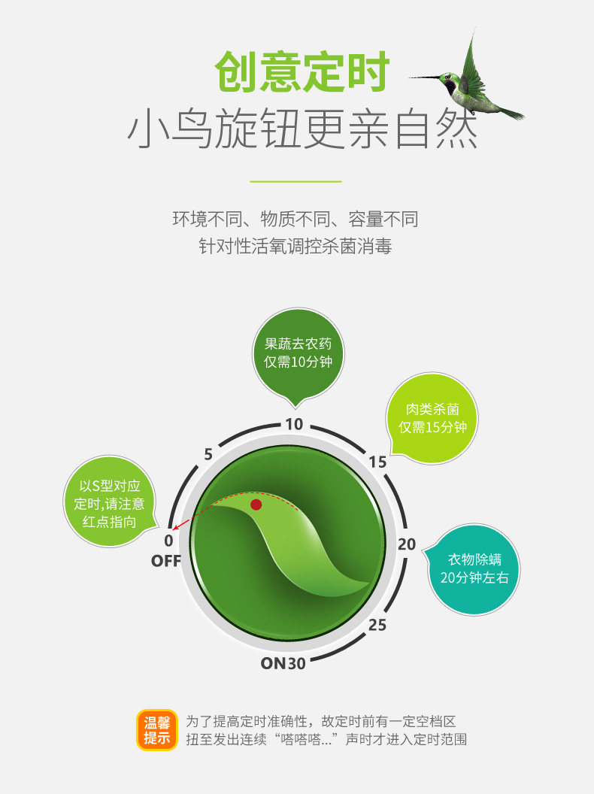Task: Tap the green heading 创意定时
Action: pyautogui.click(x=302, y=72)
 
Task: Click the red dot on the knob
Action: pyautogui.click(x=256, y=505)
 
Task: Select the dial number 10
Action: pyautogui.click(x=294, y=424)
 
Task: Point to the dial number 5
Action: pyautogui.click(x=208, y=454)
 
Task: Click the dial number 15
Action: pyautogui.click(x=378, y=462)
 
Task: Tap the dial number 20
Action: pyautogui.click(x=407, y=544)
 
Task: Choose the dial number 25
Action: pyautogui.click(x=377, y=625)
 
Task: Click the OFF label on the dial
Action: pyautogui.click(x=166, y=561)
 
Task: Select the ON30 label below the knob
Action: pyautogui.click(x=283, y=663)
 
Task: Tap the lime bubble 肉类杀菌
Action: pyautogui.click(x=432, y=418)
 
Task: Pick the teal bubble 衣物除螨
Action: pyautogui.click(x=474, y=568)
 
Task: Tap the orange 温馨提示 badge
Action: pyautogui.click(x=157, y=730)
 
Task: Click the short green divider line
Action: pyautogui.click(x=295, y=181)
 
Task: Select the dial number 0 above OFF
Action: pyautogui.click(x=168, y=541)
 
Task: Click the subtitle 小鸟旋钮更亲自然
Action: pyautogui.click(x=302, y=130)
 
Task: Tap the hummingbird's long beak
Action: pyautogui.click(x=424, y=77)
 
